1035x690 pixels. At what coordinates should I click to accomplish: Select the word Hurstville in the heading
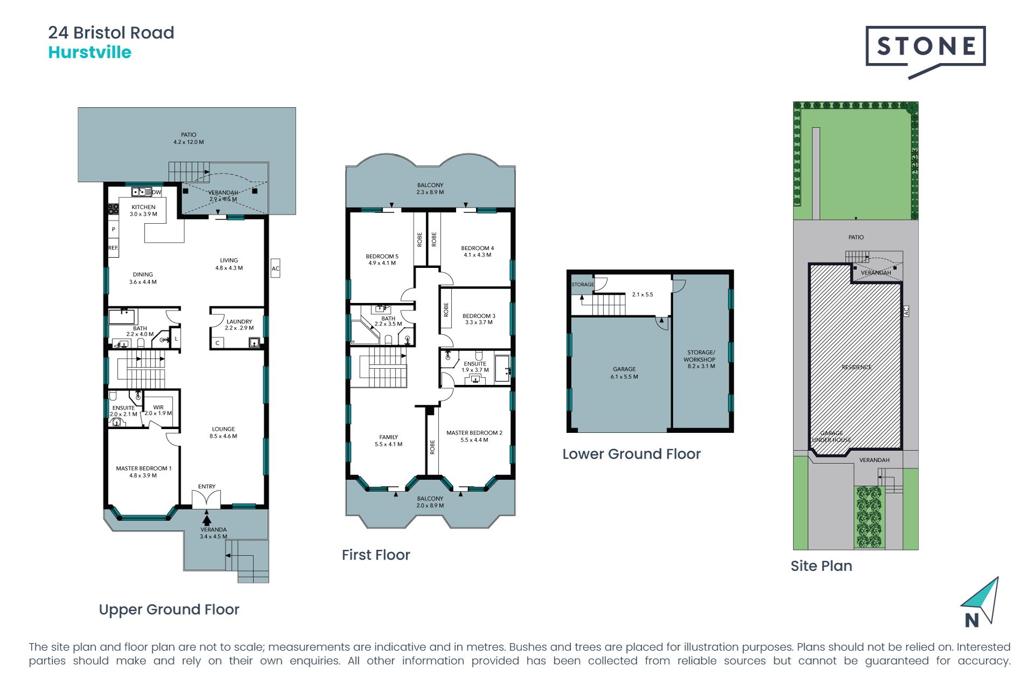(90, 52)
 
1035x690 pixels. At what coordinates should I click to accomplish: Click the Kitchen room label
(143, 210)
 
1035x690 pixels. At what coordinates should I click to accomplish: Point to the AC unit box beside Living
(275, 268)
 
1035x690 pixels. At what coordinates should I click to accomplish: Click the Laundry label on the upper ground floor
(239, 325)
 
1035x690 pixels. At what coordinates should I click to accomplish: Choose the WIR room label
(158, 410)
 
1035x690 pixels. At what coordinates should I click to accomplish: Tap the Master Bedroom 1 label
(143, 472)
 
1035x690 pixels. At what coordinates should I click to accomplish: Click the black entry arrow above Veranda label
(206, 520)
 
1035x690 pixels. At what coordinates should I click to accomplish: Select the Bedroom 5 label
(382, 260)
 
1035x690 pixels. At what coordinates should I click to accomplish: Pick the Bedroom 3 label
(479, 319)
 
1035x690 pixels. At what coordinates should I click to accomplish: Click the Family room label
(389, 440)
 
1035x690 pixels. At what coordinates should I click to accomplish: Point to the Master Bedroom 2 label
(474, 436)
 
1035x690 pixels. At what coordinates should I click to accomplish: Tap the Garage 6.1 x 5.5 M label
(624, 373)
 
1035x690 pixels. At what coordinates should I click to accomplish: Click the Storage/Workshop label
(700, 359)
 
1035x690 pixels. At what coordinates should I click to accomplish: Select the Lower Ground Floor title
(631, 454)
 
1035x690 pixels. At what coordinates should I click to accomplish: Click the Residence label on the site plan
(857, 367)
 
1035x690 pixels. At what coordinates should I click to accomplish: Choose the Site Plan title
(822, 566)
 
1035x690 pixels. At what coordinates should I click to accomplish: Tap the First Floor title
(376, 555)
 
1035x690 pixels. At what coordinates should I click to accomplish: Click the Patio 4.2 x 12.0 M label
(189, 139)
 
